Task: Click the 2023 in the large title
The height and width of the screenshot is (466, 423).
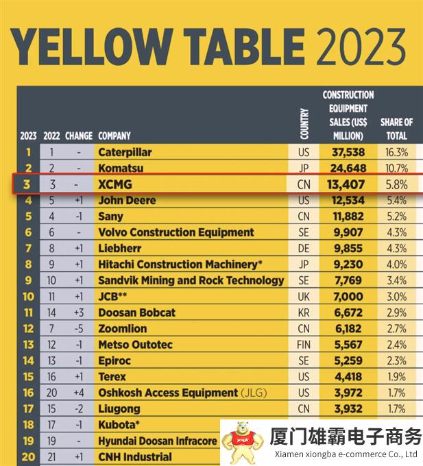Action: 361,45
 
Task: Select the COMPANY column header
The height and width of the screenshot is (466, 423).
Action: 114,136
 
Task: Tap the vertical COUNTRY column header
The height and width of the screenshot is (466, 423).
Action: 304,123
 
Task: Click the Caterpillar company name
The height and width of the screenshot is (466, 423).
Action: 125,152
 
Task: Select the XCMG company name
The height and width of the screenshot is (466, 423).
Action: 114,184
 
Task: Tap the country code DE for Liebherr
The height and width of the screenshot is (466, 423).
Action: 304,248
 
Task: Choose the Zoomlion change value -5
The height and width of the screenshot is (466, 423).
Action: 79,328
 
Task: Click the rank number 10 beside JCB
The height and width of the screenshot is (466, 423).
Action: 28,297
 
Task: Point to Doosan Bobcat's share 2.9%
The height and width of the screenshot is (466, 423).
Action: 396,312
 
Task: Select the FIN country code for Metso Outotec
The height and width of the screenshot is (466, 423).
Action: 304,345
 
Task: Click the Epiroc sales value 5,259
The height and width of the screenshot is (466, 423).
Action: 348,360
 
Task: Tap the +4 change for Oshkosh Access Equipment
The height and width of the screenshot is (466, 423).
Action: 79,393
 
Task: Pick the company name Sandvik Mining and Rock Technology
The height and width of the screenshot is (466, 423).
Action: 191,280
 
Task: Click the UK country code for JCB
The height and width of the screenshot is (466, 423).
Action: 304,297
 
